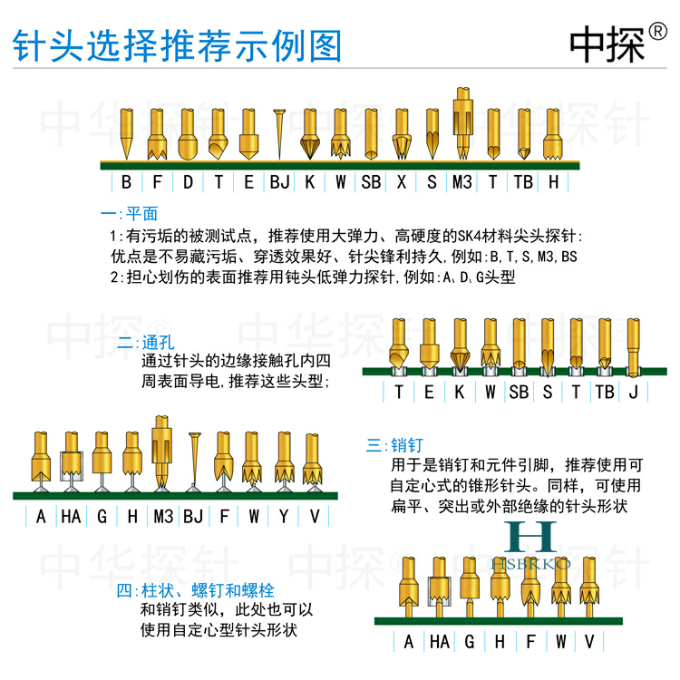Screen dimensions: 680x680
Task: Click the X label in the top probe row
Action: tap(401, 182)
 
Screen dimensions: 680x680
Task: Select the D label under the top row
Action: tap(188, 182)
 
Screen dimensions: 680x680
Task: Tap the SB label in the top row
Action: tap(371, 182)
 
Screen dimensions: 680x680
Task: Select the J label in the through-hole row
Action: tap(633, 392)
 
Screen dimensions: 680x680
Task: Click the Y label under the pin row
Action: tap(284, 517)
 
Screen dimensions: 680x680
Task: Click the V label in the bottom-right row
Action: tap(590, 642)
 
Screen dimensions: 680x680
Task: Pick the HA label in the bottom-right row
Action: tap(439, 642)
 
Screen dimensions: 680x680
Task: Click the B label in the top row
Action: tap(126, 182)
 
